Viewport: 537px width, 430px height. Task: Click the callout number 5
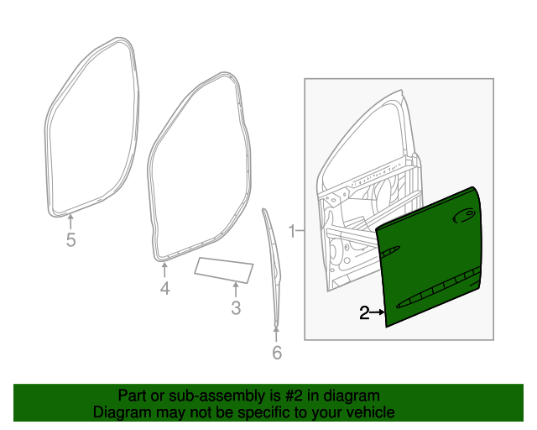point(70,242)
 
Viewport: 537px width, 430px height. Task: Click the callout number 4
point(164,289)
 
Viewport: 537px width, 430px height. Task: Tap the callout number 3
point(236,309)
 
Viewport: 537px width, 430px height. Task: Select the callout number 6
point(277,354)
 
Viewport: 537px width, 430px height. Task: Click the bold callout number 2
point(364,313)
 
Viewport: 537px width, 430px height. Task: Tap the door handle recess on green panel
point(462,218)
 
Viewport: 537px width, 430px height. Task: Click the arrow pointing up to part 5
point(70,221)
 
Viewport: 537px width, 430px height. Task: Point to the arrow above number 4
point(164,269)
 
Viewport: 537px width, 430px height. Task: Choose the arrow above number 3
point(236,290)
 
